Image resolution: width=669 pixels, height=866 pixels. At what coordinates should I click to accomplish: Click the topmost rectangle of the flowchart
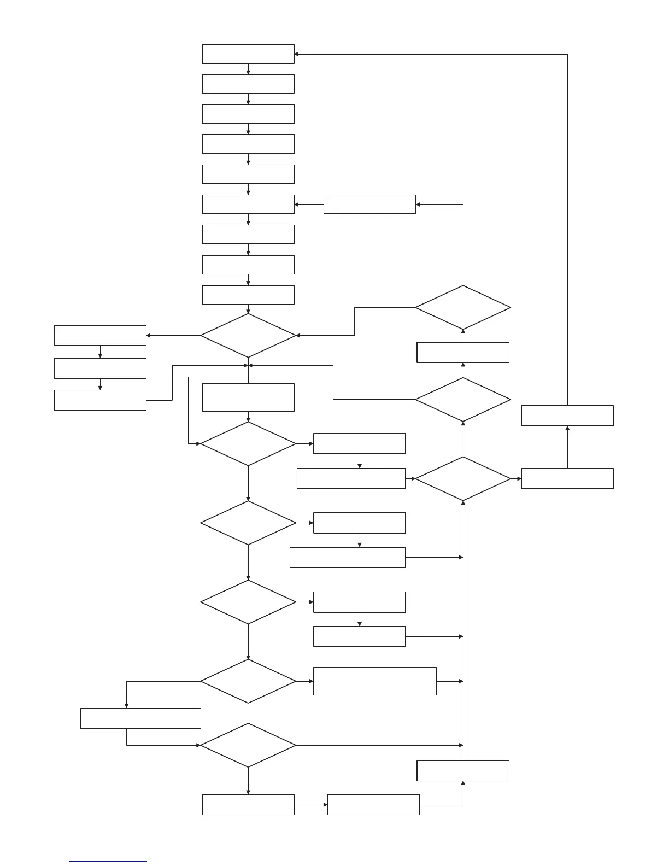pos(248,54)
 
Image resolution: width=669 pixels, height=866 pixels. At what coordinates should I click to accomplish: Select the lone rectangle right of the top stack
pos(369,204)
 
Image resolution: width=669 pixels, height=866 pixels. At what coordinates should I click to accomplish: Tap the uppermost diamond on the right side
pos(463,308)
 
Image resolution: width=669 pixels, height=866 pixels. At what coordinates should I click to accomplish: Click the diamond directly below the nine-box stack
pos(248,335)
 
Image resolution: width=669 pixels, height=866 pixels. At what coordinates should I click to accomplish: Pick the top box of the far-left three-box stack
pos(100,335)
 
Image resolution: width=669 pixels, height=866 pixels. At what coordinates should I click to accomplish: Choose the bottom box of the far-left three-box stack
pos(100,400)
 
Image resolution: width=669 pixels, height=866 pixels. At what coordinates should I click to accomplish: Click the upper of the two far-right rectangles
pos(567,416)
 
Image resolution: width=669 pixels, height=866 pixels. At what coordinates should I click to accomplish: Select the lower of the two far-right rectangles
pos(567,478)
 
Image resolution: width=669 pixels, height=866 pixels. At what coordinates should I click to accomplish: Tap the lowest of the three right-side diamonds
pos(463,479)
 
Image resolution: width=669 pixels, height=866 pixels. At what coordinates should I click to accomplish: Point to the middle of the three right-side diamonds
pos(463,400)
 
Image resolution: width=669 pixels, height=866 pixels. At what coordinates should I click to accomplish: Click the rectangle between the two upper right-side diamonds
pos(463,352)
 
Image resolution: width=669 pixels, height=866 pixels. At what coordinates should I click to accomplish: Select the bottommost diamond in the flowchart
pos(248,745)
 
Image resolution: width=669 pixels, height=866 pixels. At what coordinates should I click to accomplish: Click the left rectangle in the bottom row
pos(248,805)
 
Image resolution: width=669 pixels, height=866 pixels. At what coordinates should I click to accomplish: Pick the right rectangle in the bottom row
pos(373,805)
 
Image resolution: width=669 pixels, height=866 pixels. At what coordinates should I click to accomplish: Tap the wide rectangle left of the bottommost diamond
pos(140,718)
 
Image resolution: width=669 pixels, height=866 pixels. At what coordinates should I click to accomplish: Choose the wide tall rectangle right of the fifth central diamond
pos(375,681)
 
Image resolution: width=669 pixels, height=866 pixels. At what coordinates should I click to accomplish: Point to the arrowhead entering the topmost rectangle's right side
pos(296,54)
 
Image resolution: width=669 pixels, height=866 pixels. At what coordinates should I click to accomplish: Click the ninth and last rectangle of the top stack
pos(248,295)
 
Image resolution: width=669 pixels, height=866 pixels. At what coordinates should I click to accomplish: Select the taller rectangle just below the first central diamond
pos(248,397)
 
